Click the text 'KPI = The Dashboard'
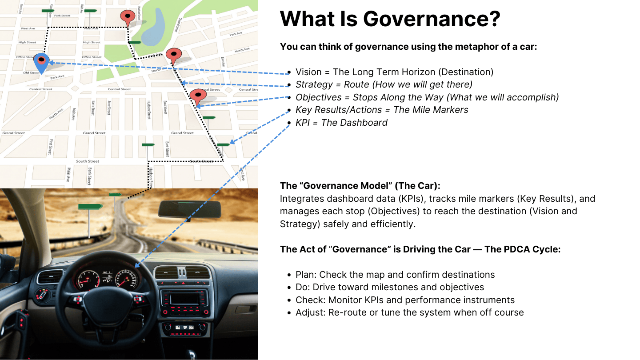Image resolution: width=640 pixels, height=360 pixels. point(341,123)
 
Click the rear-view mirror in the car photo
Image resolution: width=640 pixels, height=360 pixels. point(190,208)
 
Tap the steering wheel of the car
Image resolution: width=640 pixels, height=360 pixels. point(106,284)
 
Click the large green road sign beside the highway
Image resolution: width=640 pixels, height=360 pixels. point(90,206)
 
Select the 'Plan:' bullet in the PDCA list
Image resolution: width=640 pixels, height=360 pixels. point(306,275)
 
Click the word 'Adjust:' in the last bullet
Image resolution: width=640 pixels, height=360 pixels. point(310,312)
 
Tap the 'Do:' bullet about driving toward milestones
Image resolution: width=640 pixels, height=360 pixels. point(303,287)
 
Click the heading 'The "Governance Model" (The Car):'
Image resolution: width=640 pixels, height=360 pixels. point(360,186)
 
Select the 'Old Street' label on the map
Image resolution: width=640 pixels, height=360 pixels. point(31,73)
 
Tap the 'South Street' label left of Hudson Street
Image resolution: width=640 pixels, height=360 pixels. point(88,161)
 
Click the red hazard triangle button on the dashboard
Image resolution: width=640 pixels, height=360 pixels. point(182,283)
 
